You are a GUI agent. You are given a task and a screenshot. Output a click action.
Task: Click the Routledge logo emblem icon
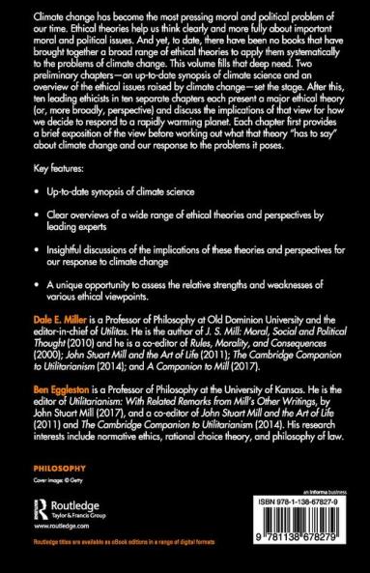42,510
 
